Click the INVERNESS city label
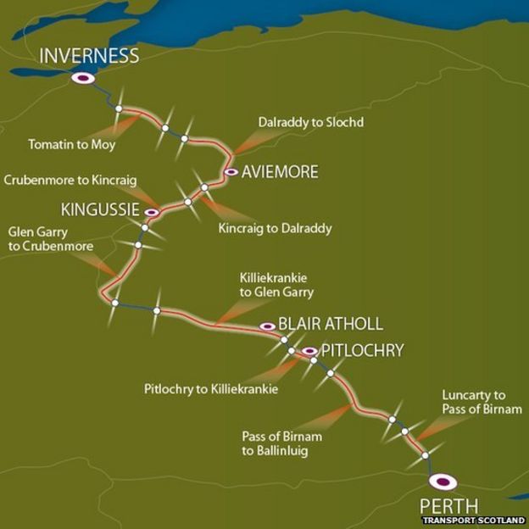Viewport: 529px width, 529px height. pos(89,57)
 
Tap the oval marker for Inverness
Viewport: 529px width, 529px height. pos(83,78)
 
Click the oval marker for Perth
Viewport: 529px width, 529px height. pos(443,482)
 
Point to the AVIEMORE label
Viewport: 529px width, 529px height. pos(279,172)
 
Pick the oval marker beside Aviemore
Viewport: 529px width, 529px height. pos(231,172)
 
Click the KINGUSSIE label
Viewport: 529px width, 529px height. pos(99,209)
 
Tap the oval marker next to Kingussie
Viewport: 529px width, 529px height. pos(152,212)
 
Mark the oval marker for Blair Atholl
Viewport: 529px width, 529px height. pos(267,326)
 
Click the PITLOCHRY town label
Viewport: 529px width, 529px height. pos(362,349)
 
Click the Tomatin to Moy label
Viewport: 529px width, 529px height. pos(71,145)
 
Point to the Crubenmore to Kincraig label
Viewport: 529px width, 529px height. pos(70,181)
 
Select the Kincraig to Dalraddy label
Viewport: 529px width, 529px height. pos(275,228)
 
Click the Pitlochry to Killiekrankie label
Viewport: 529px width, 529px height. pos(211,389)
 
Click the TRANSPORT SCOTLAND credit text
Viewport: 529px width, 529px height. pos(474,521)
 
